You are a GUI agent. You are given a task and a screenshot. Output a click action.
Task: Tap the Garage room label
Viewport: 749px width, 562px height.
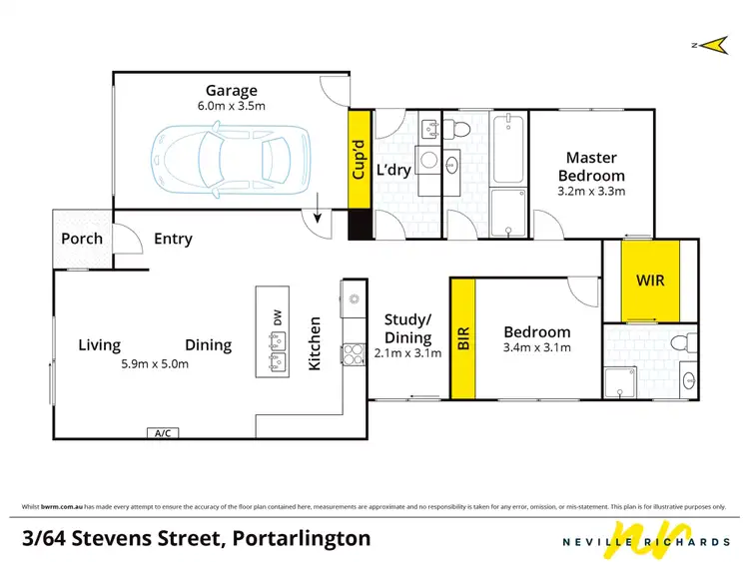pyautogui.click(x=231, y=90)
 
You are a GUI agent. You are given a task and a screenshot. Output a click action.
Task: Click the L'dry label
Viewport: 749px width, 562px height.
pyautogui.click(x=393, y=170)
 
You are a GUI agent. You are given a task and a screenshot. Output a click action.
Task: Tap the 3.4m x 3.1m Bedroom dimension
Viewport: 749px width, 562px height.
pyautogui.click(x=537, y=349)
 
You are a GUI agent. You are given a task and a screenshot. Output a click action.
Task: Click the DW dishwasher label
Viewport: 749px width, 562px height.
pyautogui.click(x=277, y=316)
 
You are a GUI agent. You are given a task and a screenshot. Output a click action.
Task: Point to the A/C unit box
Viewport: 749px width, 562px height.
pyautogui.click(x=160, y=433)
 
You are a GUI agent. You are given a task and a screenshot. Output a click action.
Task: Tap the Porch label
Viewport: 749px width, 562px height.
pyautogui.click(x=82, y=239)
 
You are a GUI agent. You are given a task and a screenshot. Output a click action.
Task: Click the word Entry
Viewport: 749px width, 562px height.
pyautogui.click(x=173, y=239)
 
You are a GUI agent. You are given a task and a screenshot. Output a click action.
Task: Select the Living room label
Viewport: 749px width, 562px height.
pyautogui.click(x=100, y=345)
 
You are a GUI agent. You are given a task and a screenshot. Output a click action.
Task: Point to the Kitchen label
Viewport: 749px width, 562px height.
pyautogui.click(x=314, y=344)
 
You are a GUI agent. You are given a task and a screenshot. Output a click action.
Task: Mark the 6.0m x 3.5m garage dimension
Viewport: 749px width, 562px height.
pyautogui.click(x=231, y=107)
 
